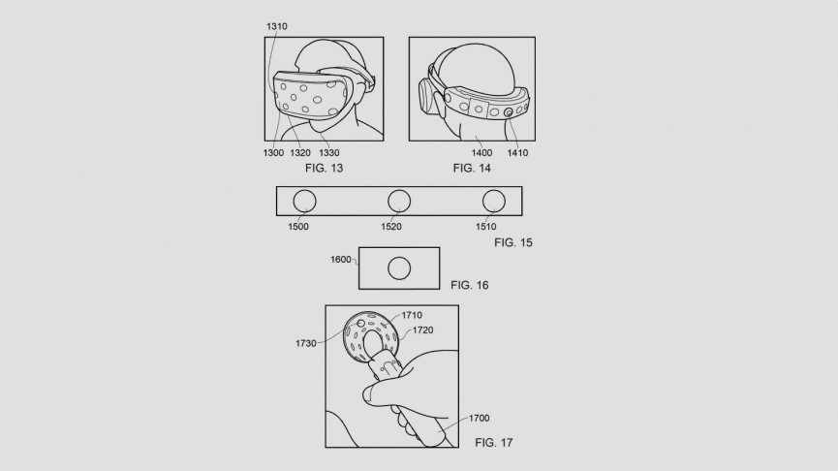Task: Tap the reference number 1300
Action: [272, 153]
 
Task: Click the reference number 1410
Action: [516, 153]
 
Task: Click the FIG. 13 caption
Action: [323, 168]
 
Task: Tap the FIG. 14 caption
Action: [473, 168]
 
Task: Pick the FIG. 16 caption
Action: [470, 286]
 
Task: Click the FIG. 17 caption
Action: [494, 443]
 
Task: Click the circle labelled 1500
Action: [304, 201]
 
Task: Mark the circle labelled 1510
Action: [494, 201]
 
